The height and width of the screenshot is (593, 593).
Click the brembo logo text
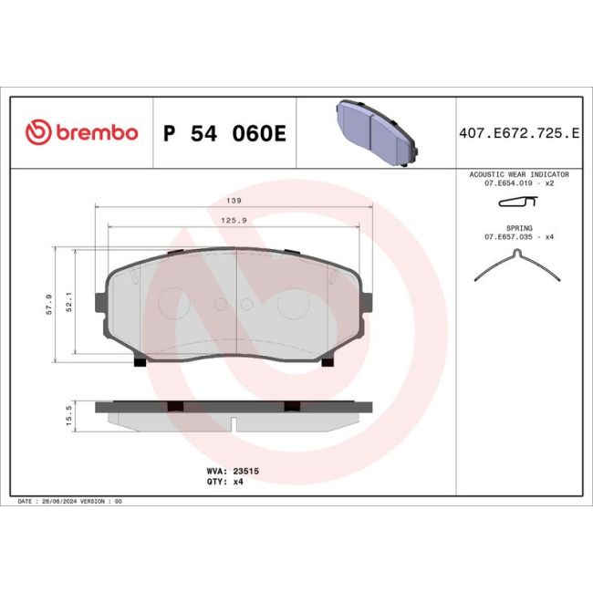point(94,132)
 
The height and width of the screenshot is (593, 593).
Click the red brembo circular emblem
point(36,132)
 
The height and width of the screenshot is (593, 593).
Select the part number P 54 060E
point(224,133)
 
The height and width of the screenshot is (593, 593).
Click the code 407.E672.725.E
point(518,133)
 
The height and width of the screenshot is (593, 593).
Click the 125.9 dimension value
point(239,219)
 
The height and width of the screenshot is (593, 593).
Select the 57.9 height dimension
point(47,302)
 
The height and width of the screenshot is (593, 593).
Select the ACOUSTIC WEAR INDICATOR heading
point(518,173)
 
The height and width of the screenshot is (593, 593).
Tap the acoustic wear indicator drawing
point(517,203)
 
